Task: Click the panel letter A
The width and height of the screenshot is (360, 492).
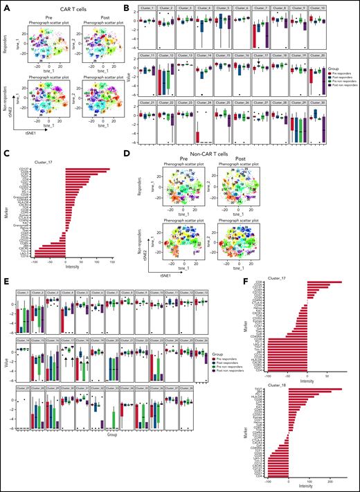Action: coord(4,5)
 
